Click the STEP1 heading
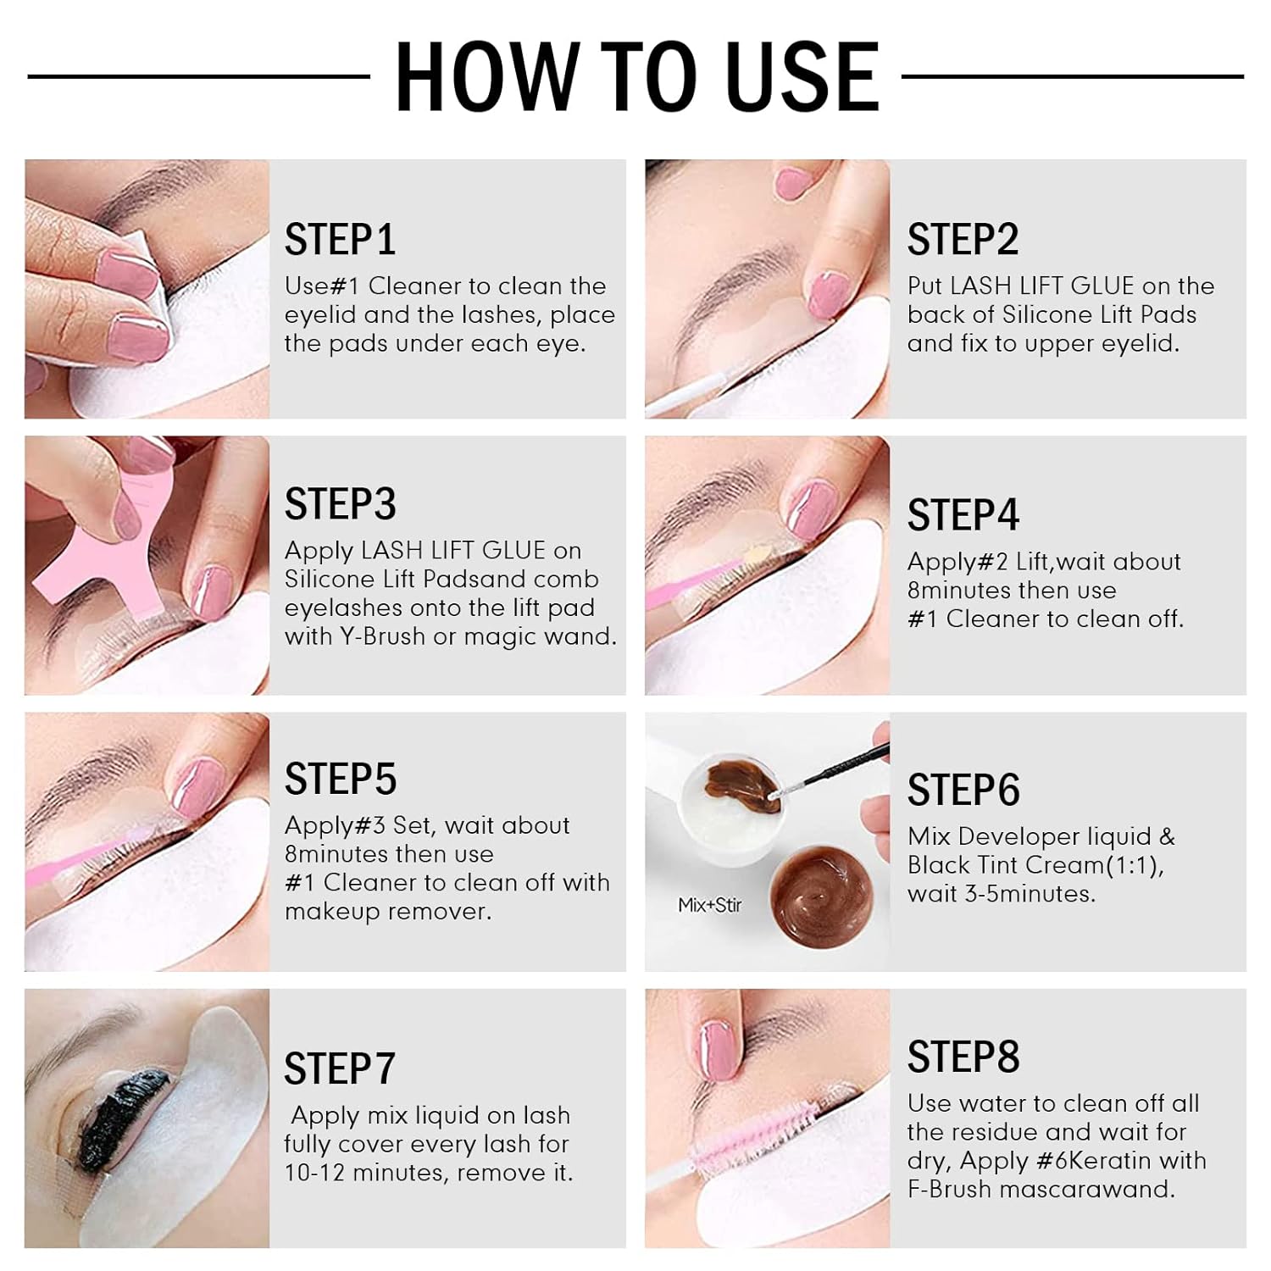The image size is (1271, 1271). [x=340, y=240]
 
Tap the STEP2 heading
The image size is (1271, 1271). [x=963, y=240]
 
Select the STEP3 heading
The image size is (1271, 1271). [x=340, y=504]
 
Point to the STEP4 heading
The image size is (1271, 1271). [x=963, y=515]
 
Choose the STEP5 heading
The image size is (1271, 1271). [x=340, y=780]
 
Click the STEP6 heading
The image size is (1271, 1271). [x=963, y=791]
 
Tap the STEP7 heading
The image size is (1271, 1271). [x=339, y=1069]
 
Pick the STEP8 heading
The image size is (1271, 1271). [x=963, y=1057]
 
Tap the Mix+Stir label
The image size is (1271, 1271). [x=709, y=905]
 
